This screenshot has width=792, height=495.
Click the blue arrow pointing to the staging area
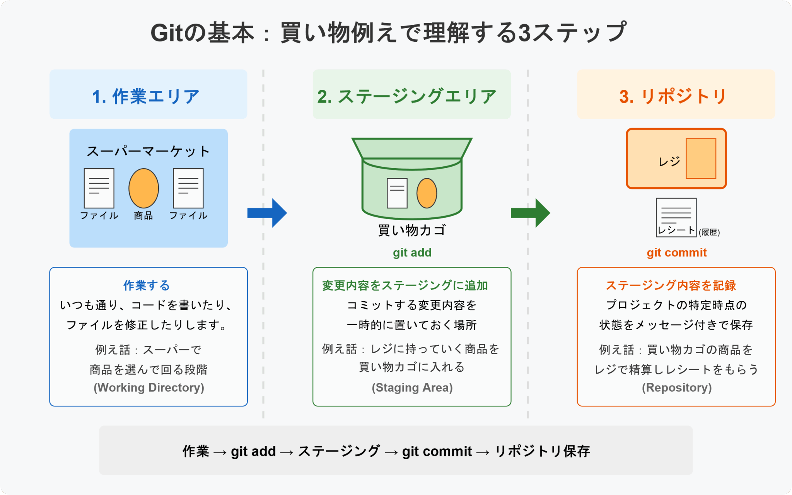click(268, 213)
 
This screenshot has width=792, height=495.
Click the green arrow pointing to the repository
click(531, 213)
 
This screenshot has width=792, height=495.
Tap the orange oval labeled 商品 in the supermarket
click(143, 188)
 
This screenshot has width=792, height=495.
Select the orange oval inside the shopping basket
click(427, 193)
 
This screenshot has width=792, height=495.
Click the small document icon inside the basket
click(397, 193)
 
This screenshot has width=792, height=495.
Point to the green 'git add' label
click(412, 253)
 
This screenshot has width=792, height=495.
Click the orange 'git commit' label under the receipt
click(676, 253)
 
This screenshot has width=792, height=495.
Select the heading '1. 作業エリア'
click(146, 96)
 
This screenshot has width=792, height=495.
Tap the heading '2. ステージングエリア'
click(407, 96)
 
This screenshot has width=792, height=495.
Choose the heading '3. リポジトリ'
click(673, 96)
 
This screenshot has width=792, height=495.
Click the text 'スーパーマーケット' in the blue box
click(148, 151)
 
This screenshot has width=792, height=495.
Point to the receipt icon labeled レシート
click(676, 217)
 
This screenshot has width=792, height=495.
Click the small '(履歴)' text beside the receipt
click(709, 232)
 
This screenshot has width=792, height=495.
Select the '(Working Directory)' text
click(148, 387)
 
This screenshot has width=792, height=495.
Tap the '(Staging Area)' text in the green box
click(412, 387)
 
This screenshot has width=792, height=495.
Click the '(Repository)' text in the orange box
click(676, 387)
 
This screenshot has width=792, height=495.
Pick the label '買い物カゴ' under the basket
click(412, 230)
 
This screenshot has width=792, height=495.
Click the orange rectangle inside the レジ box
click(701, 159)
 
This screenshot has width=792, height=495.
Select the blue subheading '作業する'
click(147, 285)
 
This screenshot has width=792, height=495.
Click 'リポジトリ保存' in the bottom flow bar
click(542, 451)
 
